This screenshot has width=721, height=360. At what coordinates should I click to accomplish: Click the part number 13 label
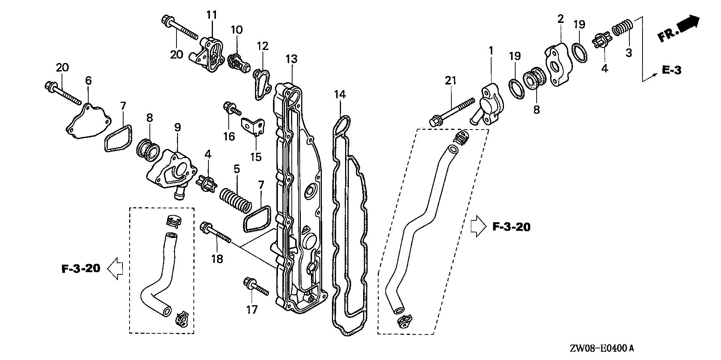291,59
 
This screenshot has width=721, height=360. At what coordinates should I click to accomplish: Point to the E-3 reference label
671,70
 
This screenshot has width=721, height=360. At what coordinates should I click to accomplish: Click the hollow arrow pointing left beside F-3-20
115,268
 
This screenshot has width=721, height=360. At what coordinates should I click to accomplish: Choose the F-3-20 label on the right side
511,227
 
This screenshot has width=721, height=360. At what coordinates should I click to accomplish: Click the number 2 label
560,19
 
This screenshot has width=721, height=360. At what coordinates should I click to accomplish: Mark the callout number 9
177,128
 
